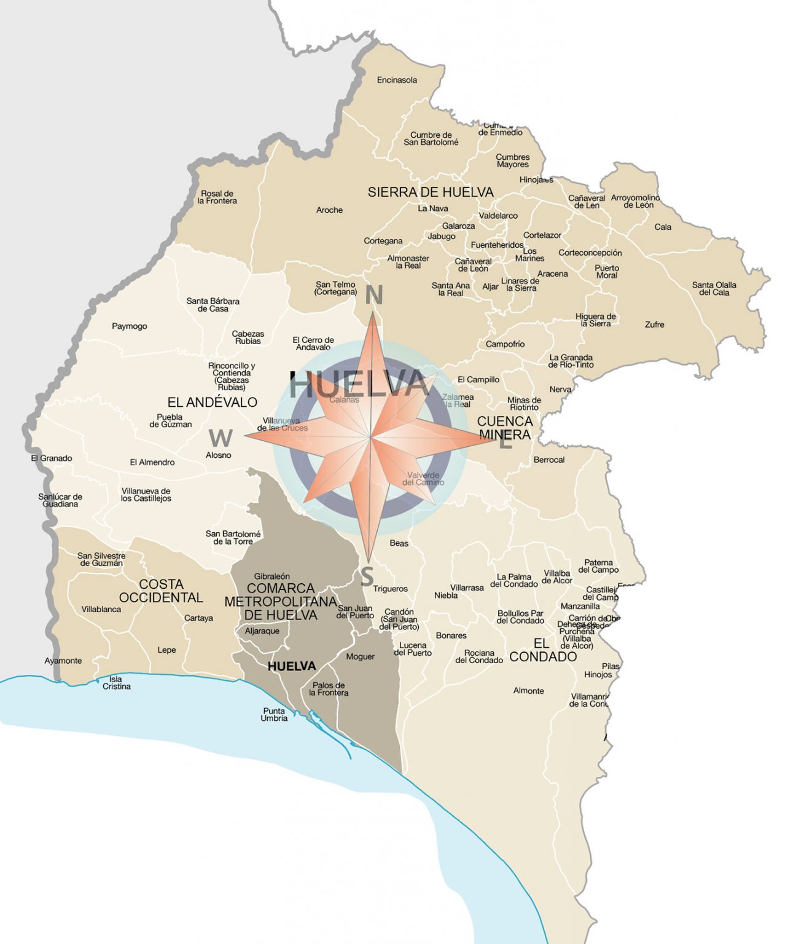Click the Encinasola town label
tap(397, 80)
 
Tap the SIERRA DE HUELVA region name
tap(431, 192)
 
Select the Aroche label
tap(329, 210)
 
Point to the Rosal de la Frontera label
tap(217, 197)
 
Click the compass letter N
tap(373, 296)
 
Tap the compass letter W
tap(220, 438)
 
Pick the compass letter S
tap(367, 577)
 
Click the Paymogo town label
tap(129, 326)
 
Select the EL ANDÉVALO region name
tap(212, 403)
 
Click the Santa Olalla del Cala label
tap(714, 289)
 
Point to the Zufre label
tap(654, 324)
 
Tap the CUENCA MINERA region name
tap(505, 428)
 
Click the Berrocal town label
tap(548, 460)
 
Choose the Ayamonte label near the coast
tap(63, 661)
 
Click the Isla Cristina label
tap(116, 683)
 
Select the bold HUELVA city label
tap(292, 666)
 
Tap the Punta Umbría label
tap(274, 715)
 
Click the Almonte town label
tap(528, 691)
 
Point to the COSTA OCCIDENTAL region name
tap(161, 591)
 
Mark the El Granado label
tap(52, 458)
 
